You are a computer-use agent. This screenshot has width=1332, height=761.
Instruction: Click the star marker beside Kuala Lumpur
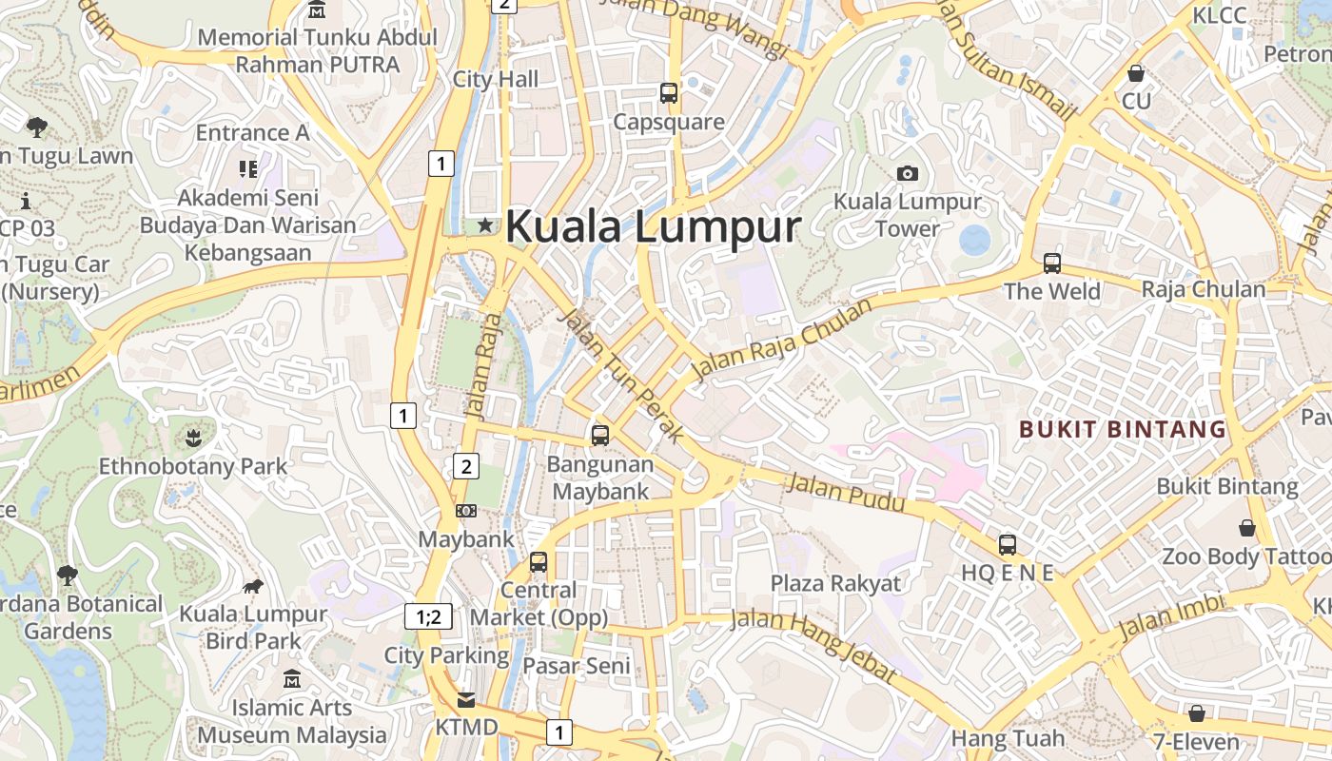point(485,225)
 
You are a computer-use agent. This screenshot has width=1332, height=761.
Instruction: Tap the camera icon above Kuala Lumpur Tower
point(908,173)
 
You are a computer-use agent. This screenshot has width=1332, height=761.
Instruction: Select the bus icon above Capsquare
point(669,93)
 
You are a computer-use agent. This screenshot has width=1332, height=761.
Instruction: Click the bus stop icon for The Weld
point(1051,263)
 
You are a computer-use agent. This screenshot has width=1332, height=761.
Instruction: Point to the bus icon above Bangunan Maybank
point(600,436)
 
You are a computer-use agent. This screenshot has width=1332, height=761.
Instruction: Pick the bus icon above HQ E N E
point(1008,545)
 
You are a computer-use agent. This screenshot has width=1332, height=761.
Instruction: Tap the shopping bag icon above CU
point(1135,72)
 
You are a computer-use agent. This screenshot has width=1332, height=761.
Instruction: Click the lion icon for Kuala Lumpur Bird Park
point(253,586)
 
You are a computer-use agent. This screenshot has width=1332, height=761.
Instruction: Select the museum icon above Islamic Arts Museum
point(292,679)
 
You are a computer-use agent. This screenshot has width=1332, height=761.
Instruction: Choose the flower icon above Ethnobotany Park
point(194,438)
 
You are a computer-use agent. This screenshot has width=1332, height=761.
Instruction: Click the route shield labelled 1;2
point(428,616)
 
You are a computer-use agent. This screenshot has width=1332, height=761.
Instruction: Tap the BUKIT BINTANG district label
point(1123,429)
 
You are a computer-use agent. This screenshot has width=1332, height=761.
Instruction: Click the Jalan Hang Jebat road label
point(814,644)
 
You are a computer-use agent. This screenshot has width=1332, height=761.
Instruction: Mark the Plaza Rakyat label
point(835,583)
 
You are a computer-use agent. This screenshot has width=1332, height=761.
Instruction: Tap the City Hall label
point(496,79)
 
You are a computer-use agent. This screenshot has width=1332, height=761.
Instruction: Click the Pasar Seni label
point(577,666)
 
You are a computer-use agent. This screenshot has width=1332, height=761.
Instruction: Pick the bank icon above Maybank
point(466,511)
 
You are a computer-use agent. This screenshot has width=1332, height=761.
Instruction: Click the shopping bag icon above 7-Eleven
point(1196,712)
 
